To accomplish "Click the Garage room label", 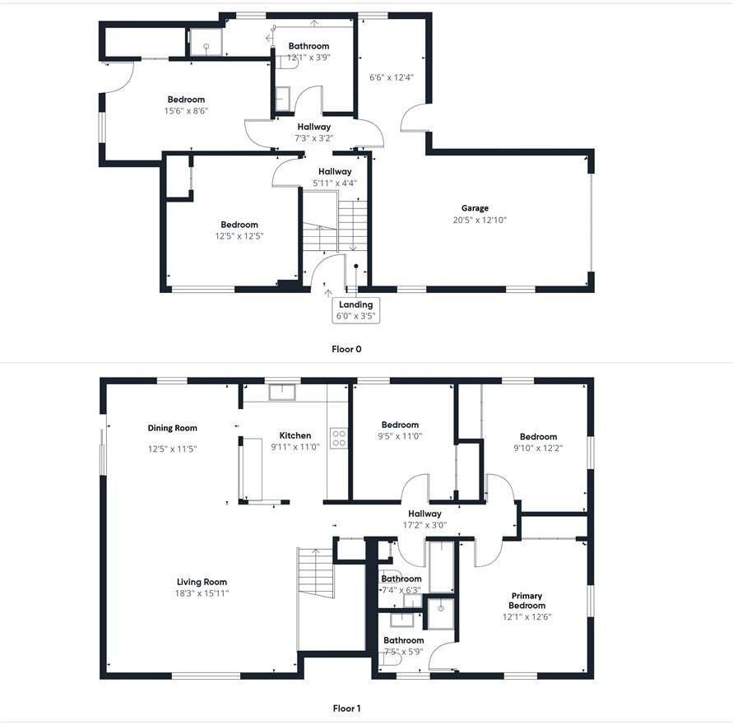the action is pyautogui.click(x=475, y=208).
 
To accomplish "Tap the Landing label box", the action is pyautogui.click(x=355, y=310).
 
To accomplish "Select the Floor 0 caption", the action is pyautogui.click(x=346, y=349).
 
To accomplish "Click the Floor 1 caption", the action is pyautogui.click(x=346, y=709).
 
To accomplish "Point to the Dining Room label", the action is pyautogui.click(x=173, y=428).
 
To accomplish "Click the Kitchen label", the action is pyautogui.click(x=295, y=435).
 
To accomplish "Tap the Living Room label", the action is pyautogui.click(x=202, y=582).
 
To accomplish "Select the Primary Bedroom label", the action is pyautogui.click(x=527, y=601).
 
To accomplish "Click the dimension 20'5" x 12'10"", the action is pyautogui.click(x=480, y=220).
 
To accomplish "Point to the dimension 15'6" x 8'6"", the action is pyautogui.click(x=186, y=111).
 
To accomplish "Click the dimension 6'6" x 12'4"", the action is pyautogui.click(x=392, y=77).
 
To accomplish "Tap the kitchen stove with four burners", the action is pyautogui.click(x=338, y=439).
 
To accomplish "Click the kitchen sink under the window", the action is pyautogui.click(x=282, y=392).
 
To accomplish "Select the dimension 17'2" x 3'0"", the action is pyautogui.click(x=425, y=525).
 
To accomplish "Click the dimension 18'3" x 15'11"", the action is pyautogui.click(x=202, y=593).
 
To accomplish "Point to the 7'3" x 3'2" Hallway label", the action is pyautogui.click(x=314, y=127).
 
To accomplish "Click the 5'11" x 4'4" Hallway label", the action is pyautogui.click(x=335, y=172).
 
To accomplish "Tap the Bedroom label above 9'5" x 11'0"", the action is pyautogui.click(x=400, y=425).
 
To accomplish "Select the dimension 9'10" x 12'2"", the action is pyautogui.click(x=538, y=448).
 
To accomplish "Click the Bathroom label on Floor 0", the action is pyautogui.click(x=309, y=46).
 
